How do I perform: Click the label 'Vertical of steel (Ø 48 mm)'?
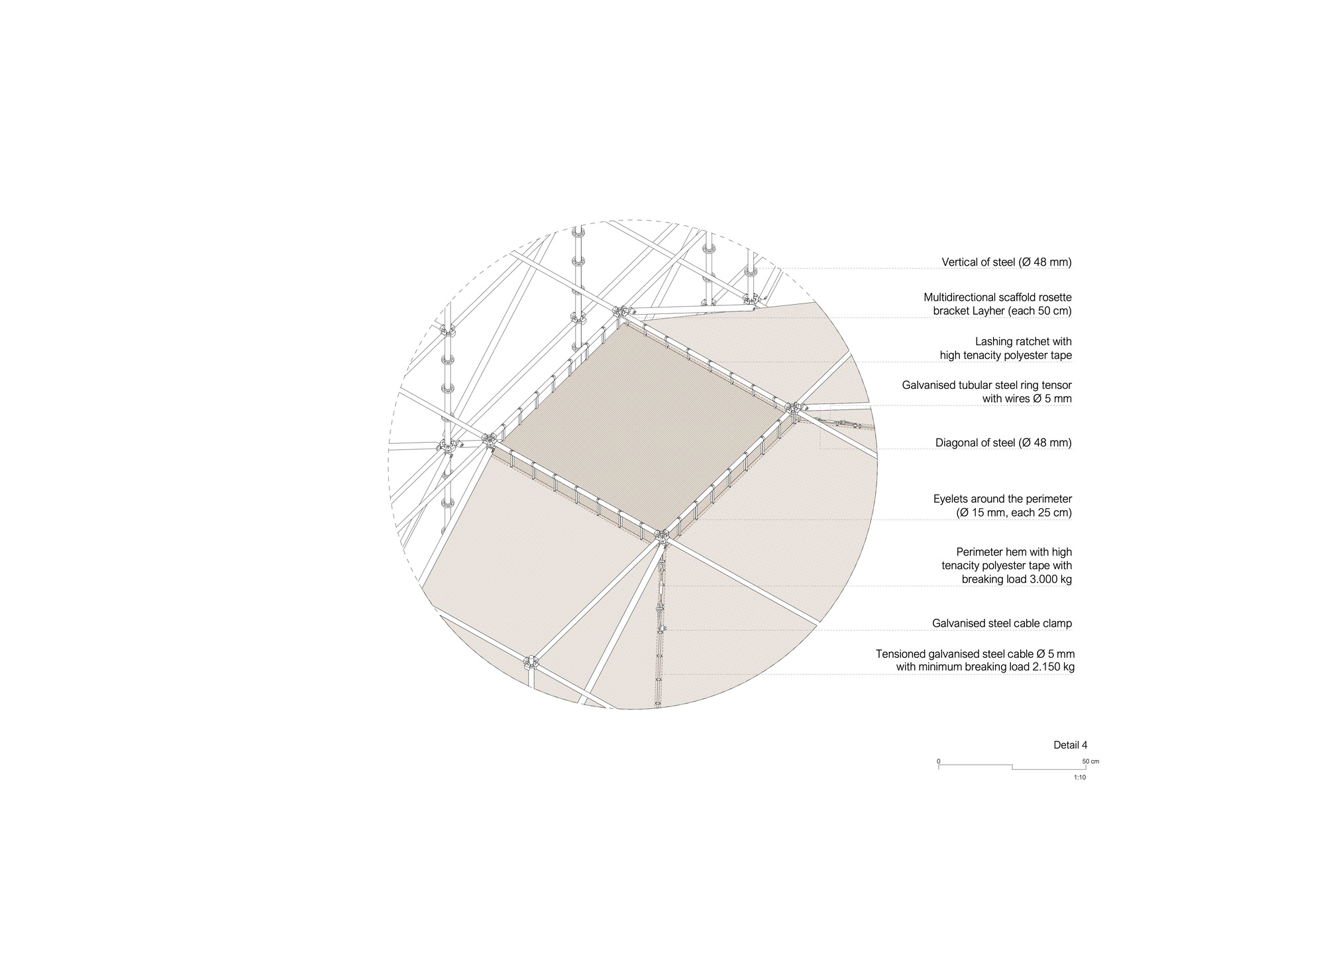[x=1006, y=262]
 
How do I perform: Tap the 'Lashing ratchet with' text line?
[x=1023, y=342]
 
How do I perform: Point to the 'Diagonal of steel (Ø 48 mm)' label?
[x=1003, y=443]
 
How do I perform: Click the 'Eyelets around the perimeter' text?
[x=1002, y=499]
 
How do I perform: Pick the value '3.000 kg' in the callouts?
[x=1049, y=580]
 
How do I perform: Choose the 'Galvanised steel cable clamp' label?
[x=1001, y=623]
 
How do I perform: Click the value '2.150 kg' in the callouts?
[x=1053, y=668]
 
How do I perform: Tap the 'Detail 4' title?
[x=1070, y=745]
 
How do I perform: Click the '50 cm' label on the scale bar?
[x=1090, y=761]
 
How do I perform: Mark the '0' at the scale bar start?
[x=938, y=761]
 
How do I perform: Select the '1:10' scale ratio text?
[x=1080, y=777]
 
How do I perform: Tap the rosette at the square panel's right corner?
[x=794, y=407]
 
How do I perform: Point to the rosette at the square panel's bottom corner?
[x=661, y=535]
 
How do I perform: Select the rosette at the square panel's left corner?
[x=490, y=439]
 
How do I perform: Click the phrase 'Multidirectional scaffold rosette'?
[x=997, y=297]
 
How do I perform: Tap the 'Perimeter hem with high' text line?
[x=1014, y=552]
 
